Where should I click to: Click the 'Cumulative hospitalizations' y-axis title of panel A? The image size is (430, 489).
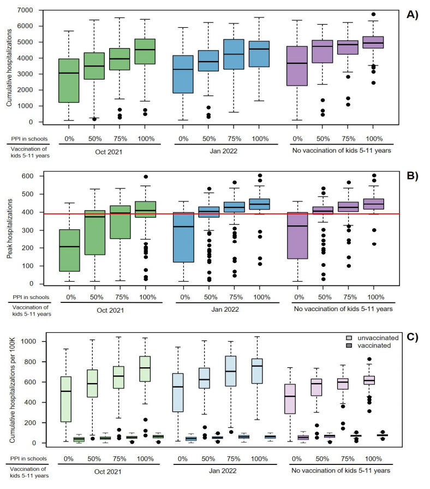pos(9,65)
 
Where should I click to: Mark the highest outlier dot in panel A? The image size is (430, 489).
pos(374,15)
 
